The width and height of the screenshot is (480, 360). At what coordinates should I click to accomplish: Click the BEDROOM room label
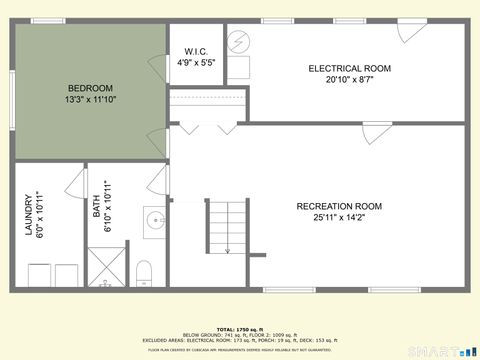89,88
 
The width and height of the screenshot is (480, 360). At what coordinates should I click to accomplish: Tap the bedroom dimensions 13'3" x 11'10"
89,100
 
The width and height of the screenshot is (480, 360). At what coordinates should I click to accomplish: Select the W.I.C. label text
196,52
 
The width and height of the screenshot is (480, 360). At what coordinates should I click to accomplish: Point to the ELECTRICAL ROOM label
349,68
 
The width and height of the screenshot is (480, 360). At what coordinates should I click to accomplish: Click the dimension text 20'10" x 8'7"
349,80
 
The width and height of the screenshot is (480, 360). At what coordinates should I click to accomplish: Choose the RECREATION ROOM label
339,206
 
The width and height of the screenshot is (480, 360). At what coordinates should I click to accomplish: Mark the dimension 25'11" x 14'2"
339,218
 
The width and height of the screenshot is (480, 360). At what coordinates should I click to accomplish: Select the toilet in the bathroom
143,273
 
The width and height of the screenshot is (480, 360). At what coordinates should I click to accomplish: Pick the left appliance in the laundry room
39,274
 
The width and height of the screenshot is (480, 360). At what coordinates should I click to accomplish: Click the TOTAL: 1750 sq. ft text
239,329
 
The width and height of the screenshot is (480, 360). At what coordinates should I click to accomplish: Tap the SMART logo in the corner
440,351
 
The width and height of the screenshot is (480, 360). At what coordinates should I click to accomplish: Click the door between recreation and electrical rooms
372,134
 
